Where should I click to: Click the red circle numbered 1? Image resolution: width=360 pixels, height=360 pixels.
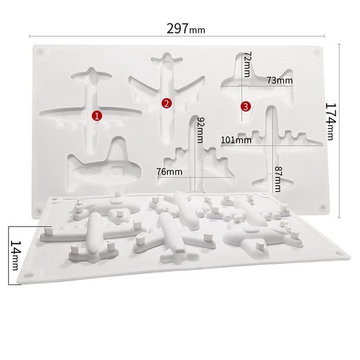click(x=97, y=116)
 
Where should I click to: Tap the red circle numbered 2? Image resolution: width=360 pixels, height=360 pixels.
click(x=166, y=104)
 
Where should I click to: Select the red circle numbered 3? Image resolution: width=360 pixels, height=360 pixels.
click(x=245, y=106)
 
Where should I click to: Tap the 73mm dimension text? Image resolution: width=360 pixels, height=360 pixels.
click(x=279, y=81)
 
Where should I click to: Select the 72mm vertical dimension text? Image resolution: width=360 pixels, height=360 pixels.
click(x=246, y=63)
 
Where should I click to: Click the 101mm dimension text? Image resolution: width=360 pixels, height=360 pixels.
click(x=236, y=139)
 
